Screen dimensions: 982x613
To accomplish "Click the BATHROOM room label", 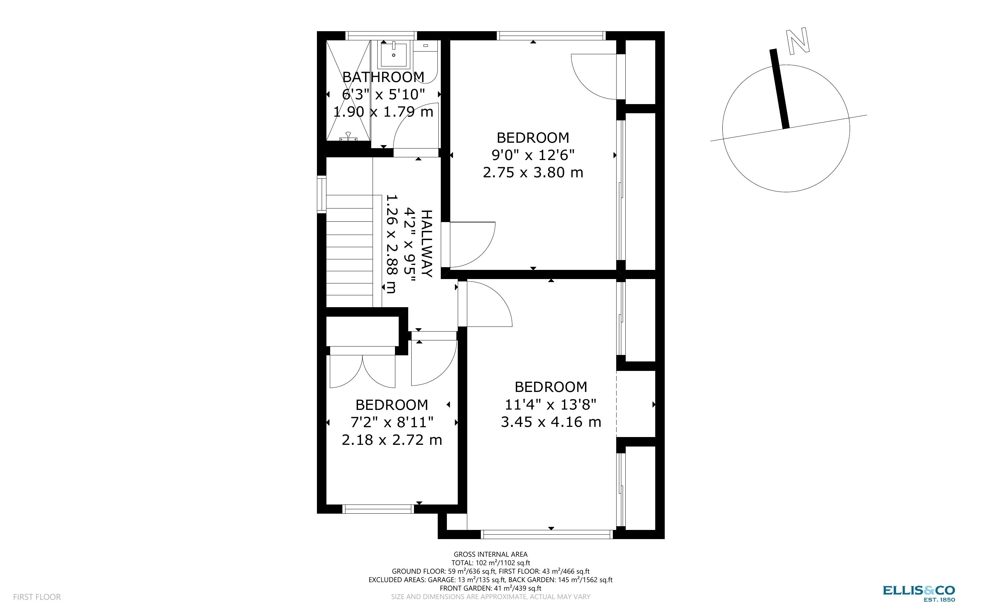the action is (x=383, y=77).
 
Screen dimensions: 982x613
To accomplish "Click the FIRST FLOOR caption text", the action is (x=37, y=597).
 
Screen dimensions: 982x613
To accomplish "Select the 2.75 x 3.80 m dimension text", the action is (x=533, y=172).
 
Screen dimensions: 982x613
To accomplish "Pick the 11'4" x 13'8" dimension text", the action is (x=550, y=404).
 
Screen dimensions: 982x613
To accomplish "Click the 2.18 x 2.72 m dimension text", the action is (x=392, y=440).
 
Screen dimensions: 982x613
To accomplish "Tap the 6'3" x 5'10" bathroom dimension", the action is (x=383, y=95).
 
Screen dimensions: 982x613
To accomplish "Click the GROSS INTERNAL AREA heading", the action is (x=490, y=554).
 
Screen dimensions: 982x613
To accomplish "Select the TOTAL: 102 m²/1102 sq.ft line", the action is (x=490, y=563).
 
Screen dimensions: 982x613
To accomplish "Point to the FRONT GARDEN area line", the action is (x=490, y=588).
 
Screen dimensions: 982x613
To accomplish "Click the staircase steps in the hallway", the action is (x=350, y=251).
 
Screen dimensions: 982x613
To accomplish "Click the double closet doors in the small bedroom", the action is (x=362, y=371).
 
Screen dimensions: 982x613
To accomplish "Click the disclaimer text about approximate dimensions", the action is (x=490, y=597).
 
